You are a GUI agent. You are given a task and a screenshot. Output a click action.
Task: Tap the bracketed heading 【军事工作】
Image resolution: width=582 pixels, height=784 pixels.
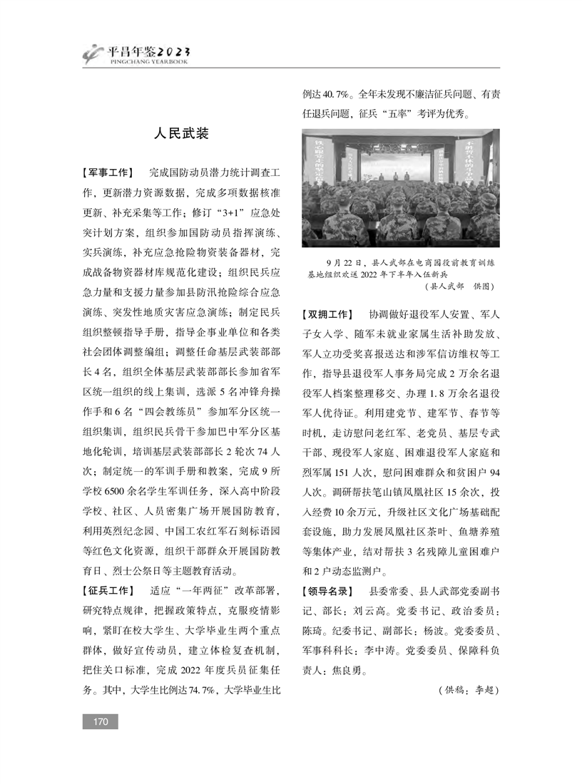[108, 173]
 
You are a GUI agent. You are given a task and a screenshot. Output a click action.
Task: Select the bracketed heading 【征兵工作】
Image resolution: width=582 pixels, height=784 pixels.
[108, 591]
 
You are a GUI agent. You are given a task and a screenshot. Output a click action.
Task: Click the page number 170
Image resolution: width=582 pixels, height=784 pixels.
[100, 723]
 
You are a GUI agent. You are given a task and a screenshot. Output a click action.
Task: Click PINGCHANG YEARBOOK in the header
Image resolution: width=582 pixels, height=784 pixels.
[148, 63]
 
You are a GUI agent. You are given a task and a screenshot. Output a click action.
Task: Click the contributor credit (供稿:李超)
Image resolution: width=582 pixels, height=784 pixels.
[467, 691]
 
